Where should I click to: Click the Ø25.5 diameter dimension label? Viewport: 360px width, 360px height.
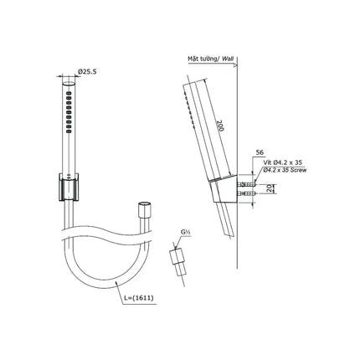(x=87, y=72)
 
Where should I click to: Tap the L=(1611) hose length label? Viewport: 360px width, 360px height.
(x=139, y=298)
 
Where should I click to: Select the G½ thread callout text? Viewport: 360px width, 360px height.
(x=184, y=232)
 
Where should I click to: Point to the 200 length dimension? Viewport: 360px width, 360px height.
(x=221, y=126)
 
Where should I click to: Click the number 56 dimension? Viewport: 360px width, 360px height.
(x=260, y=152)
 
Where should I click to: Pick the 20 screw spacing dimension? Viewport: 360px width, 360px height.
(x=269, y=188)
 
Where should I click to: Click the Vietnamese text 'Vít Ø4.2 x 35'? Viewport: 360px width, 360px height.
(x=283, y=162)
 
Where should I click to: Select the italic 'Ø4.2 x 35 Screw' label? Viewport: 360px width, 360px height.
(x=284, y=170)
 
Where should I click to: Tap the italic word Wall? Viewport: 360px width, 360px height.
(x=228, y=59)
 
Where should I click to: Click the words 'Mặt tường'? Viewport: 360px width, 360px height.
(x=203, y=59)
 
